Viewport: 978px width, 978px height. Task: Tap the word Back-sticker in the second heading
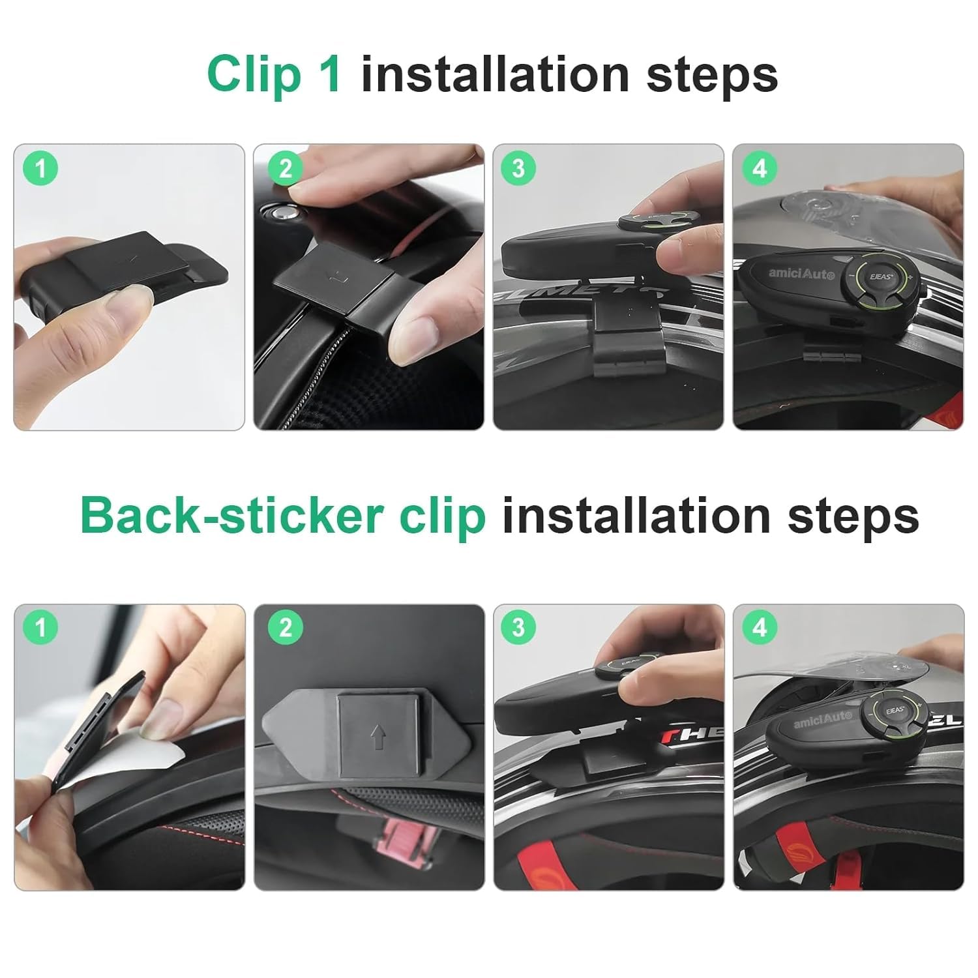coord(231,516)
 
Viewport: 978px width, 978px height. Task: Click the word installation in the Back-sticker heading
coord(636,516)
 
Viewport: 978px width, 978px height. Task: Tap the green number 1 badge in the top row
coord(40,169)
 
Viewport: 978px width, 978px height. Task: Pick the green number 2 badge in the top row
coord(286,169)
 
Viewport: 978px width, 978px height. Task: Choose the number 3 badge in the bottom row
coord(518,628)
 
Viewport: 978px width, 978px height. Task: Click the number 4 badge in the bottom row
coord(760,628)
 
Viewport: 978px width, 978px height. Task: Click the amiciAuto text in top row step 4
coord(801,273)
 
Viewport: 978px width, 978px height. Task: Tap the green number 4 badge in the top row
coord(760,169)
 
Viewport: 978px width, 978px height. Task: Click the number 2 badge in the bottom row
coord(286,628)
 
